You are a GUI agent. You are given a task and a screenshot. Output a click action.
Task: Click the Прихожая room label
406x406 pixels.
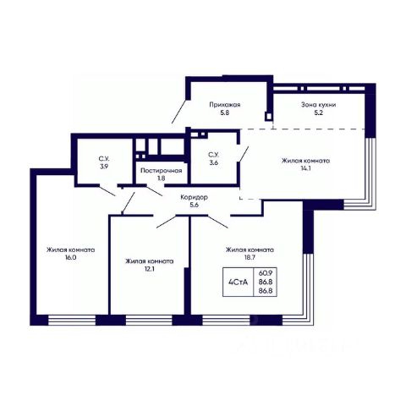225,105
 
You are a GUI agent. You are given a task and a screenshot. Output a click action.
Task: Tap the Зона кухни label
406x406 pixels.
319,105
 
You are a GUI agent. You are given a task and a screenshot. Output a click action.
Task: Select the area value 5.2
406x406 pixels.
319,112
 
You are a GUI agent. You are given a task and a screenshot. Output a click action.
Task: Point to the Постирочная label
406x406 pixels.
162,171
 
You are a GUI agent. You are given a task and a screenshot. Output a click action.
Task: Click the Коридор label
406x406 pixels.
195,197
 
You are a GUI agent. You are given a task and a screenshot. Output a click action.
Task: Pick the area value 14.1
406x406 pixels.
306,168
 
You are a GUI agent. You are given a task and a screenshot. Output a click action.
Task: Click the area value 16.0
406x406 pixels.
70,257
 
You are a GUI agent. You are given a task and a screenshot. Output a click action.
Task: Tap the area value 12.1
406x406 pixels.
150,269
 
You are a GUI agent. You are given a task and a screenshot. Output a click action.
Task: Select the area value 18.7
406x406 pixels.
250,257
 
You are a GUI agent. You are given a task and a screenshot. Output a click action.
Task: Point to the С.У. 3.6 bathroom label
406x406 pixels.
213,159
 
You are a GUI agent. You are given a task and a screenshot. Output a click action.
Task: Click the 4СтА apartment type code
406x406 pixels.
239,282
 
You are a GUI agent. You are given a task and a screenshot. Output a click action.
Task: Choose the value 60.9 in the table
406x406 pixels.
266,273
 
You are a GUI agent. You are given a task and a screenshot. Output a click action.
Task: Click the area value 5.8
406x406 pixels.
225,112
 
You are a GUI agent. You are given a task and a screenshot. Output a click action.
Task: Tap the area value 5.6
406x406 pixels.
195,205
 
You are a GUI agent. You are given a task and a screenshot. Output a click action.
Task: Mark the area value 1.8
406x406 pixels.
162,178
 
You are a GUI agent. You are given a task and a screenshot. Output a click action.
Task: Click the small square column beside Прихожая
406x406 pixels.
269,116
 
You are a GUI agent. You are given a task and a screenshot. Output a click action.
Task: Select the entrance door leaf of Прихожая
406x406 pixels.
179,112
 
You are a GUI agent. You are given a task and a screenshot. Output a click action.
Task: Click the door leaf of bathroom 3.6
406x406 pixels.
243,154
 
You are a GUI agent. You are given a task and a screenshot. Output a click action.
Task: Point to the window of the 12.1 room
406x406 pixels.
149,320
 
